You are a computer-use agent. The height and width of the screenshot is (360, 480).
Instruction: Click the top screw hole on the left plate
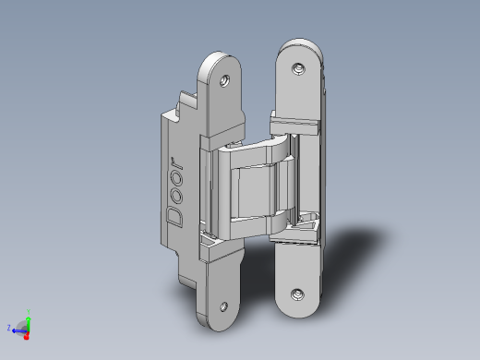coord(224,81)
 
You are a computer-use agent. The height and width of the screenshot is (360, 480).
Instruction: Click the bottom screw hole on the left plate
coord(223,306)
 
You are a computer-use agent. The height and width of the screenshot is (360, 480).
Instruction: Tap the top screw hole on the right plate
coord(298,68)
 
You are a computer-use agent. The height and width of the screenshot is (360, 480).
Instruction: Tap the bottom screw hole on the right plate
coord(297,294)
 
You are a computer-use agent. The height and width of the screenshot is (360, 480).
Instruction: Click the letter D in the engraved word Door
coord(174,217)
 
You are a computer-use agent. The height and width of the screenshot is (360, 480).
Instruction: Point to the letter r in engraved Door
coord(177,162)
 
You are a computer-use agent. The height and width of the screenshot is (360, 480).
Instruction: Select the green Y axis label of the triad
coord(29,311)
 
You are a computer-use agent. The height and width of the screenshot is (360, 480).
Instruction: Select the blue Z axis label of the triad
coord(9,328)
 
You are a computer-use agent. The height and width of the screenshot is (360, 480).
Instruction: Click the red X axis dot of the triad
coord(26,337)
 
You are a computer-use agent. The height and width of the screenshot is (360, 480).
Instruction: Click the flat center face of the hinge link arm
coord(254,191)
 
